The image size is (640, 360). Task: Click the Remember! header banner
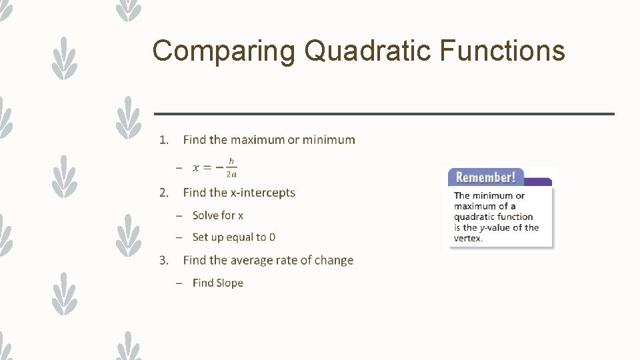pos(486,177)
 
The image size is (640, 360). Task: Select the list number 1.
pos(163,140)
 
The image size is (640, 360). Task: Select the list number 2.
pos(163,193)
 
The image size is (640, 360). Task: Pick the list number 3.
pos(163,260)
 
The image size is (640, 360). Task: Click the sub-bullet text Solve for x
pos(217,215)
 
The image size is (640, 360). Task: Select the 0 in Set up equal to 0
pos(272,237)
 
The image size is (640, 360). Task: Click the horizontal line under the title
pos(384,114)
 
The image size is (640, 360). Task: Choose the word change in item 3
pos(334,260)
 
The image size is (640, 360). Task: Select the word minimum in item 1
pos(329,140)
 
